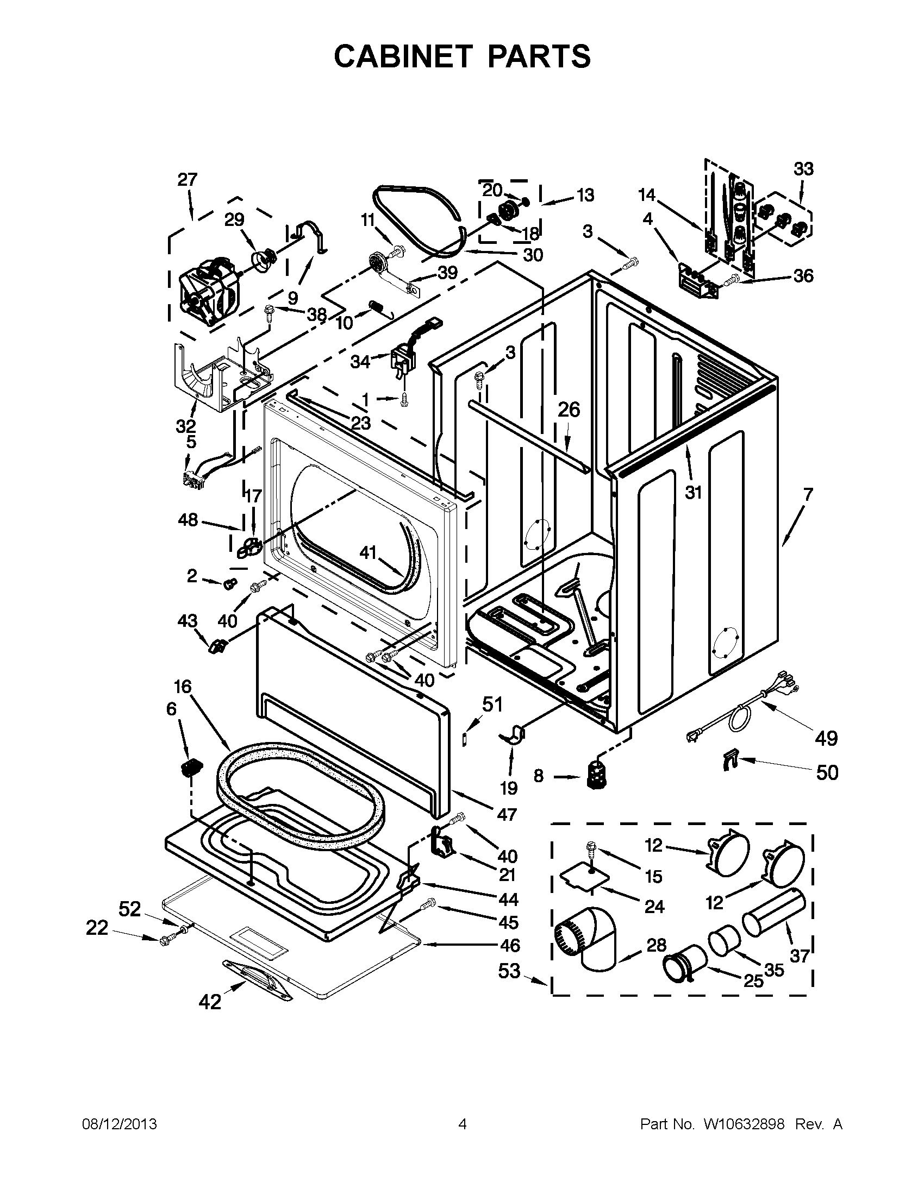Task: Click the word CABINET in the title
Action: point(403,56)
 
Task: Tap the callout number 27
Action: point(187,179)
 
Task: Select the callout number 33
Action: point(803,169)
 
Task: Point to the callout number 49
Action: point(826,738)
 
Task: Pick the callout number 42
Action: point(210,1002)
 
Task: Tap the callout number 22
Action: point(97,928)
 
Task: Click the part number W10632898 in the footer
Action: point(744,1124)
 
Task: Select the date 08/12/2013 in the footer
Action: point(120,1124)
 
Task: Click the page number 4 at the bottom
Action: point(463,1124)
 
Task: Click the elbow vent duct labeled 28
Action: point(589,941)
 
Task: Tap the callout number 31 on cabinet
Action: point(693,493)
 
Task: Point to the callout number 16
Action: point(183,687)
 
